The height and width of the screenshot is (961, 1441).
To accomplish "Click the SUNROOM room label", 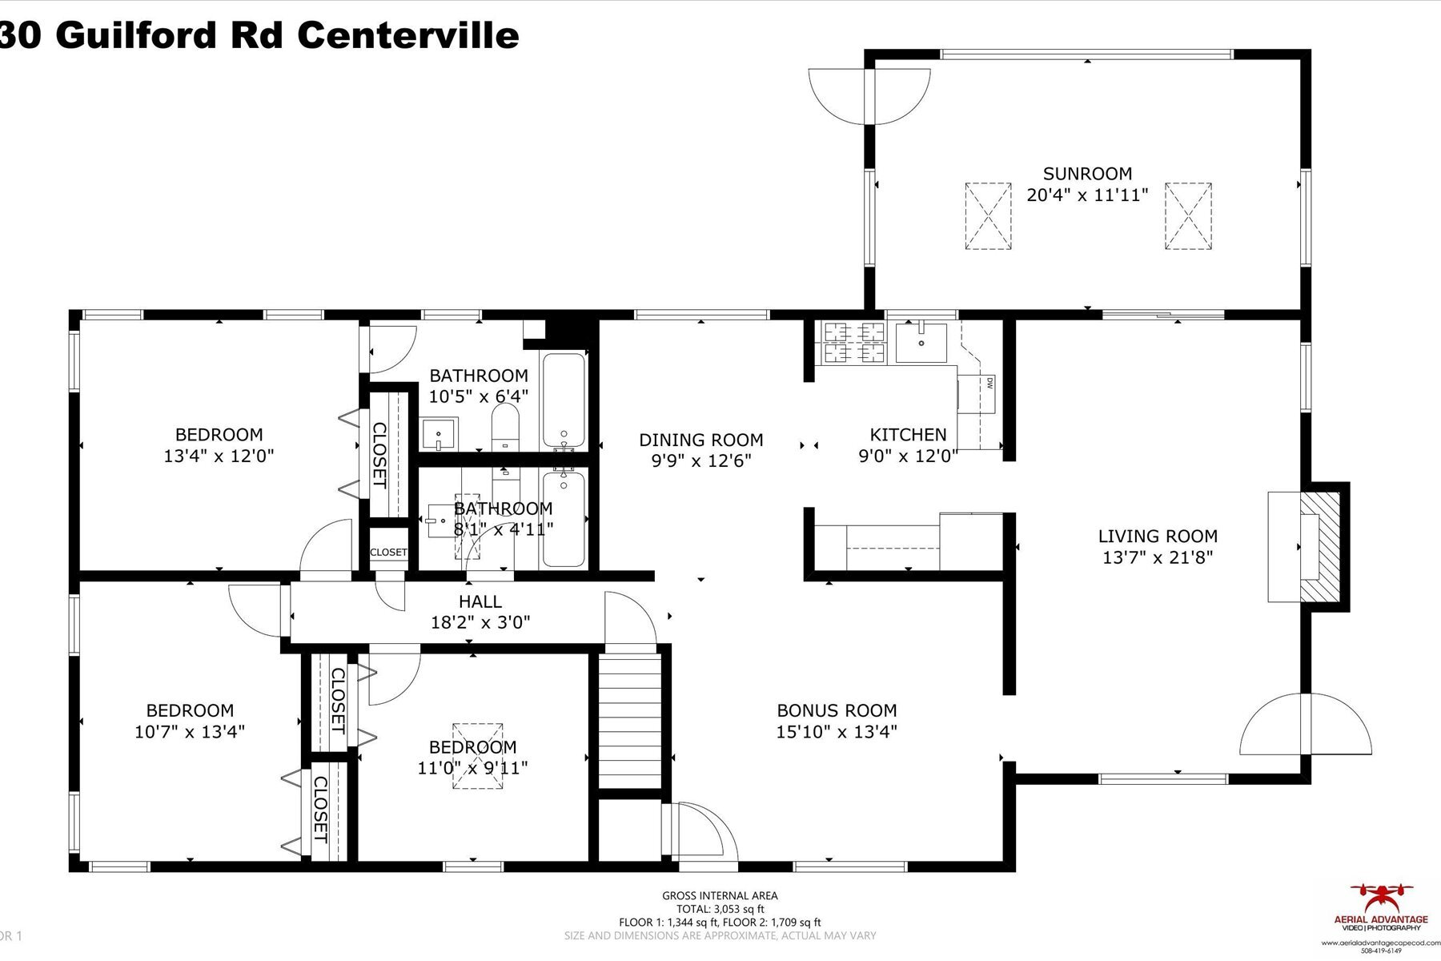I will point(1087,174).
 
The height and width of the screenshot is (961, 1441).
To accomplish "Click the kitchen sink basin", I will point(921,342).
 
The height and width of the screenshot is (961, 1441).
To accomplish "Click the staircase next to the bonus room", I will point(632,721).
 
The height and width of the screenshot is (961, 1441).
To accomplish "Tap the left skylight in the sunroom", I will point(988,216).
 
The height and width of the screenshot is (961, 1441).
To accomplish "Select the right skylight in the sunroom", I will point(1188,216).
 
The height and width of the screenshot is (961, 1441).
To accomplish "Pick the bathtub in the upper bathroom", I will point(564,400).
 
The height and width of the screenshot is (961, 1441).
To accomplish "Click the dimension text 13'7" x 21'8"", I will point(1158,557).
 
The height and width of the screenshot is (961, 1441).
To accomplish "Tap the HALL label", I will point(480,601).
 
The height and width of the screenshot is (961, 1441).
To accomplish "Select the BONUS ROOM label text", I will point(837,710).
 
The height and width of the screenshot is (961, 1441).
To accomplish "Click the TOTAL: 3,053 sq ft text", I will point(720,909).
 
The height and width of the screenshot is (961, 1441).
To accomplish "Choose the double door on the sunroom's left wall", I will point(869,96).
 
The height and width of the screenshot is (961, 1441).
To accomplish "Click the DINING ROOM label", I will point(700,440).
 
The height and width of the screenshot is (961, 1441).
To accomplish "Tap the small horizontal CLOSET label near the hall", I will point(388,553).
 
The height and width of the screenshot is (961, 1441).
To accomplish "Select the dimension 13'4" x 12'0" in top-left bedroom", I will point(219,456).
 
